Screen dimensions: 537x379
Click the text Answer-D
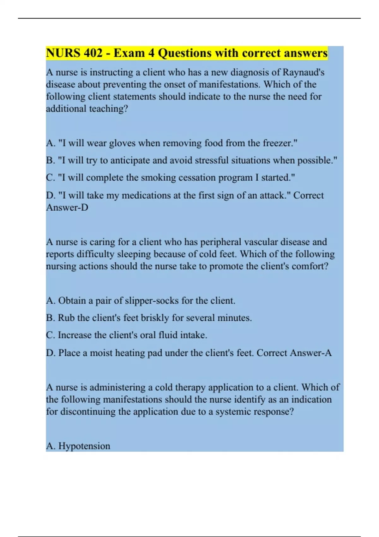67,208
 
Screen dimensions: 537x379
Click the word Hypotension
84,446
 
